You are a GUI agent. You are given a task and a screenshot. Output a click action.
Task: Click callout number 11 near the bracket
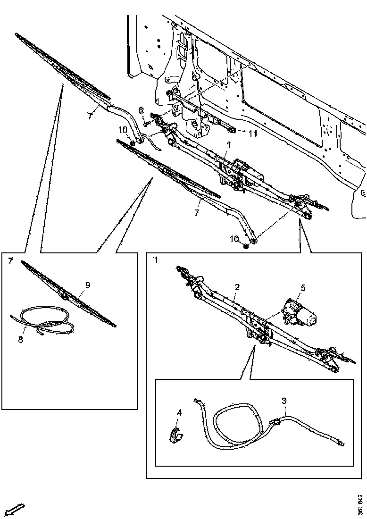click(x=253, y=134)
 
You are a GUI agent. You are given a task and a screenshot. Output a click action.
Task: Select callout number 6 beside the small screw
click(x=141, y=110)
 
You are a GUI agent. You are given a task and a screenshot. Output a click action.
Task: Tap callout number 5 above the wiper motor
click(x=303, y=287)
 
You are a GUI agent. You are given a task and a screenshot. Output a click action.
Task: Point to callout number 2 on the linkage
click(x=237, y=287)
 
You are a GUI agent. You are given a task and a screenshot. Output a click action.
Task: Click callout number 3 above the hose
click(x=284, y=401)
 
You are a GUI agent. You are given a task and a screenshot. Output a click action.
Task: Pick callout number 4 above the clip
click(x=179, y=413)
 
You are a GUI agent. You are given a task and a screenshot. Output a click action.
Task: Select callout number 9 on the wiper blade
click(x=87, y=285)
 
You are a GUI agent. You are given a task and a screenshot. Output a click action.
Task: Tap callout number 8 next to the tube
click(x=20, y=340)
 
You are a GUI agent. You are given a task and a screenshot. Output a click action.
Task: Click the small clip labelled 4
click(x=177, y=435)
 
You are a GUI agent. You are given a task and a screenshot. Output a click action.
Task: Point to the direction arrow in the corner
click(x=14, y=509)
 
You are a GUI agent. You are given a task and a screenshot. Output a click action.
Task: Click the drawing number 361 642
click(x=360, y=505)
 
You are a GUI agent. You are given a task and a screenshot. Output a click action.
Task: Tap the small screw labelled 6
click(x=145, y=123)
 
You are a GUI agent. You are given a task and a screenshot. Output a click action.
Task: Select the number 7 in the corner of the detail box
click(x=10, y=260)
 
